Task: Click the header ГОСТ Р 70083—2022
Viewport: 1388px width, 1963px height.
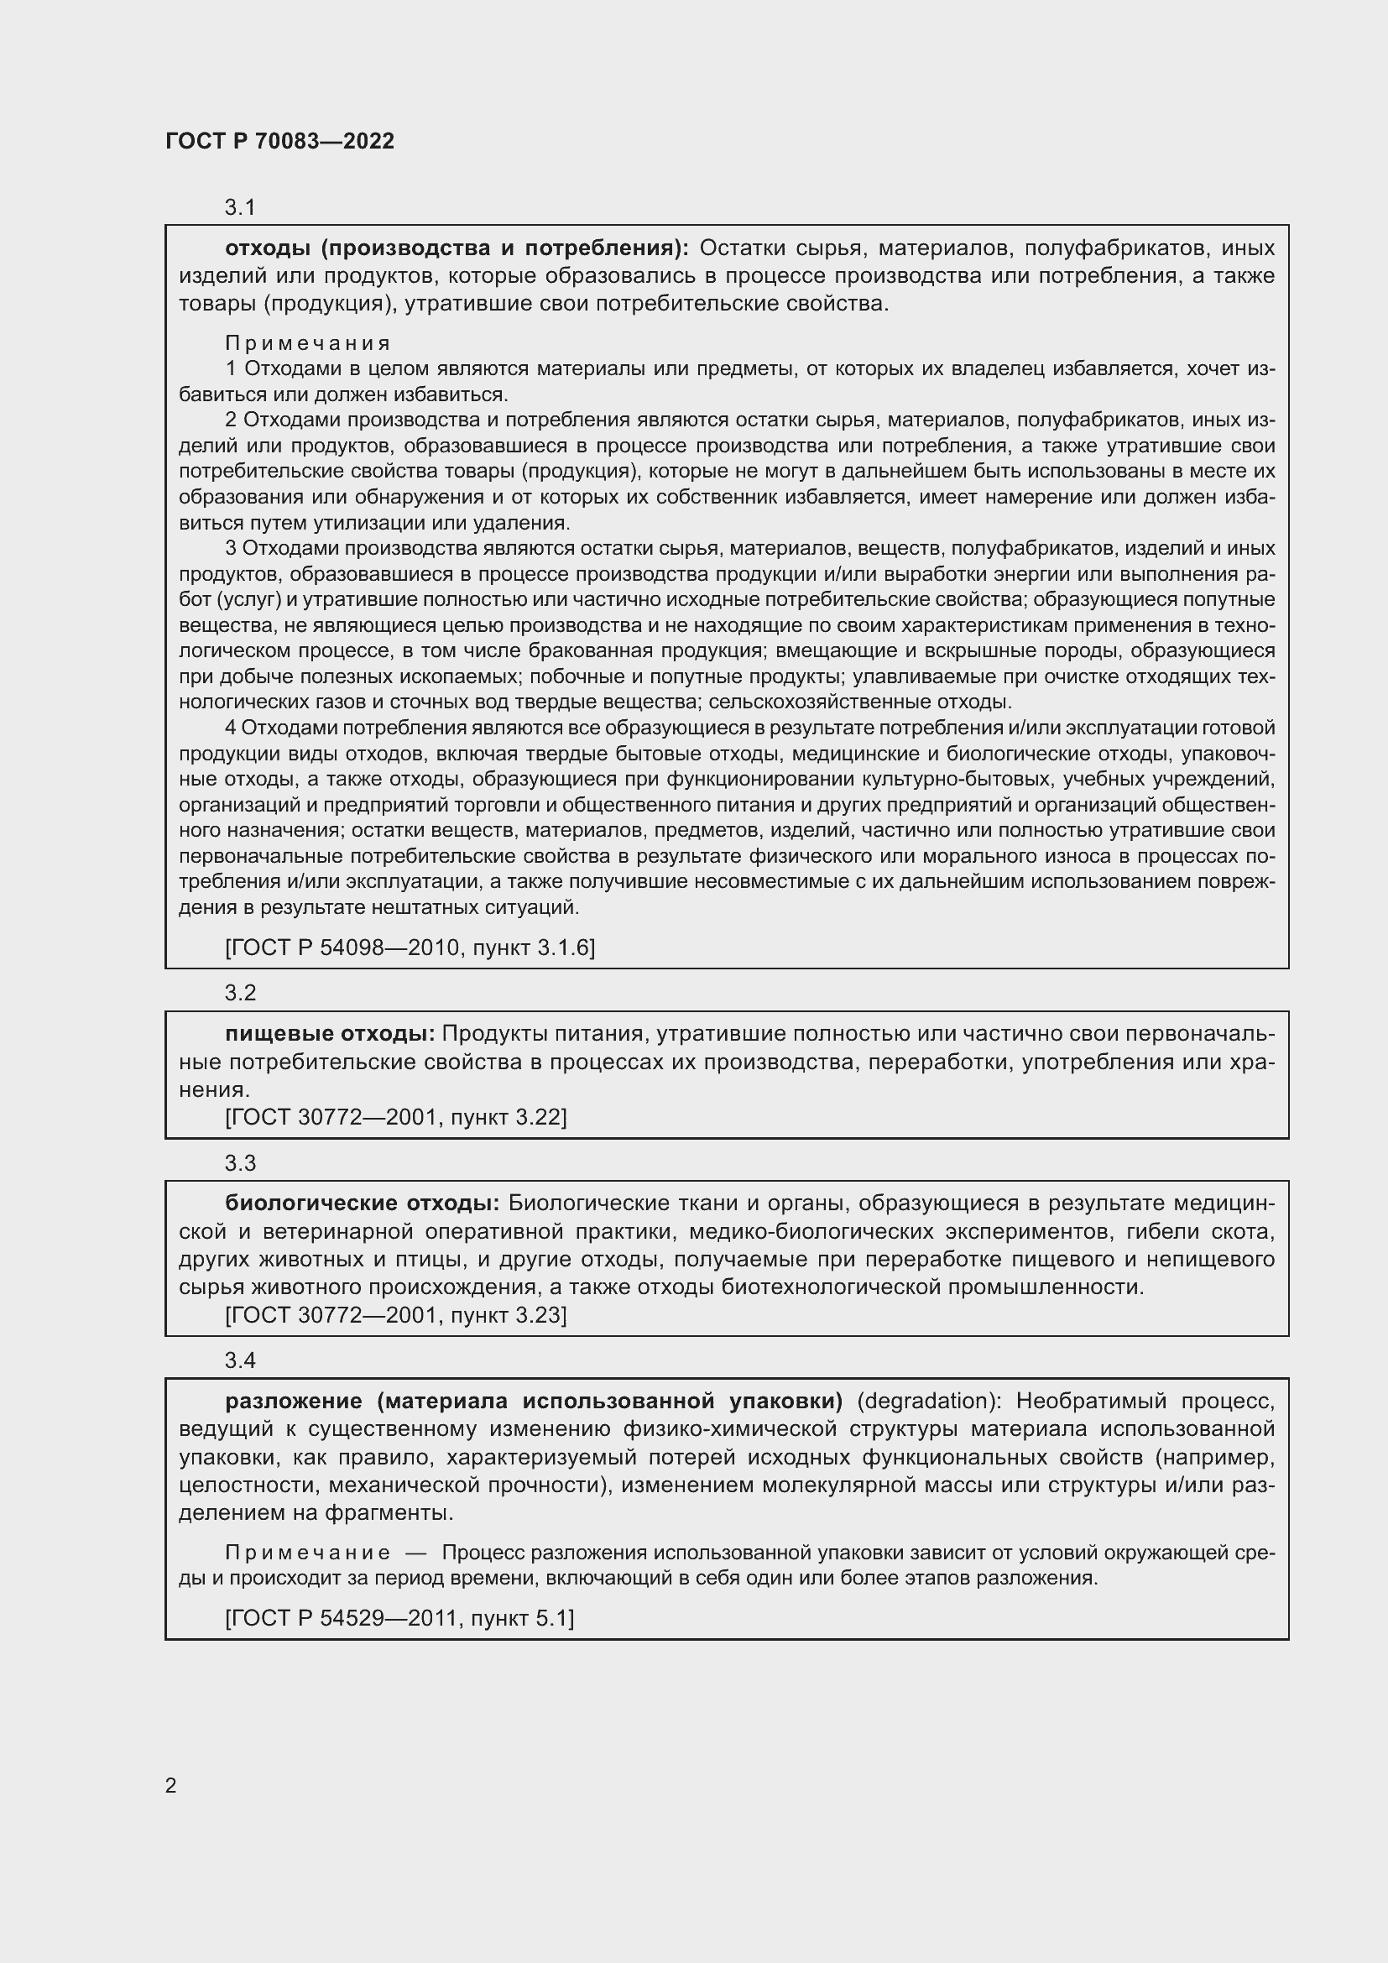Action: pyautogui.click(x=279, y=141)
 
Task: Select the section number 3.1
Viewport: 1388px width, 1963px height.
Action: pyautogui.click(x=240, y=207)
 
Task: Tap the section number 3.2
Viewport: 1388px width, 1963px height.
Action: pyautogui.click(x=240, y=993)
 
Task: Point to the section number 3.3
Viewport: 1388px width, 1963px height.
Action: pyautogui.click(x=240, y=1162)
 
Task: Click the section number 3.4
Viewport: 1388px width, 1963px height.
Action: pyautogui.click(x=240, y=1360)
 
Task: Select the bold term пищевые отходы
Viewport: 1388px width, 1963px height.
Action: pyautogui.click(x=330, y=1034)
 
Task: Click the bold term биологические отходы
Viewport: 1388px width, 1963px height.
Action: pyautogui.click(x=363, y=1203)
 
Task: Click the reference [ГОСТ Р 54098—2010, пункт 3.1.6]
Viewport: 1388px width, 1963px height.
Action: pyautogui.click(x=410, y=948)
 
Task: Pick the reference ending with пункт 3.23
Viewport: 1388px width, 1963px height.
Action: pyautogui.click(x=396, y=1314)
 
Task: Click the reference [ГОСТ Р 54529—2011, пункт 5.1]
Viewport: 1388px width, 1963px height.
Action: pyautogui.click(x=399, y=1617)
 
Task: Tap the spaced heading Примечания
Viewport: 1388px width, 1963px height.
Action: pyautogui.click(x=308, y=343)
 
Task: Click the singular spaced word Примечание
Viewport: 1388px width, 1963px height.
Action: pyautogui.click(x=308, y=1552)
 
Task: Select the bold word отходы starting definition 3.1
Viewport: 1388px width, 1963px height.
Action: pyautogui.click(x=268, y=248)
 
